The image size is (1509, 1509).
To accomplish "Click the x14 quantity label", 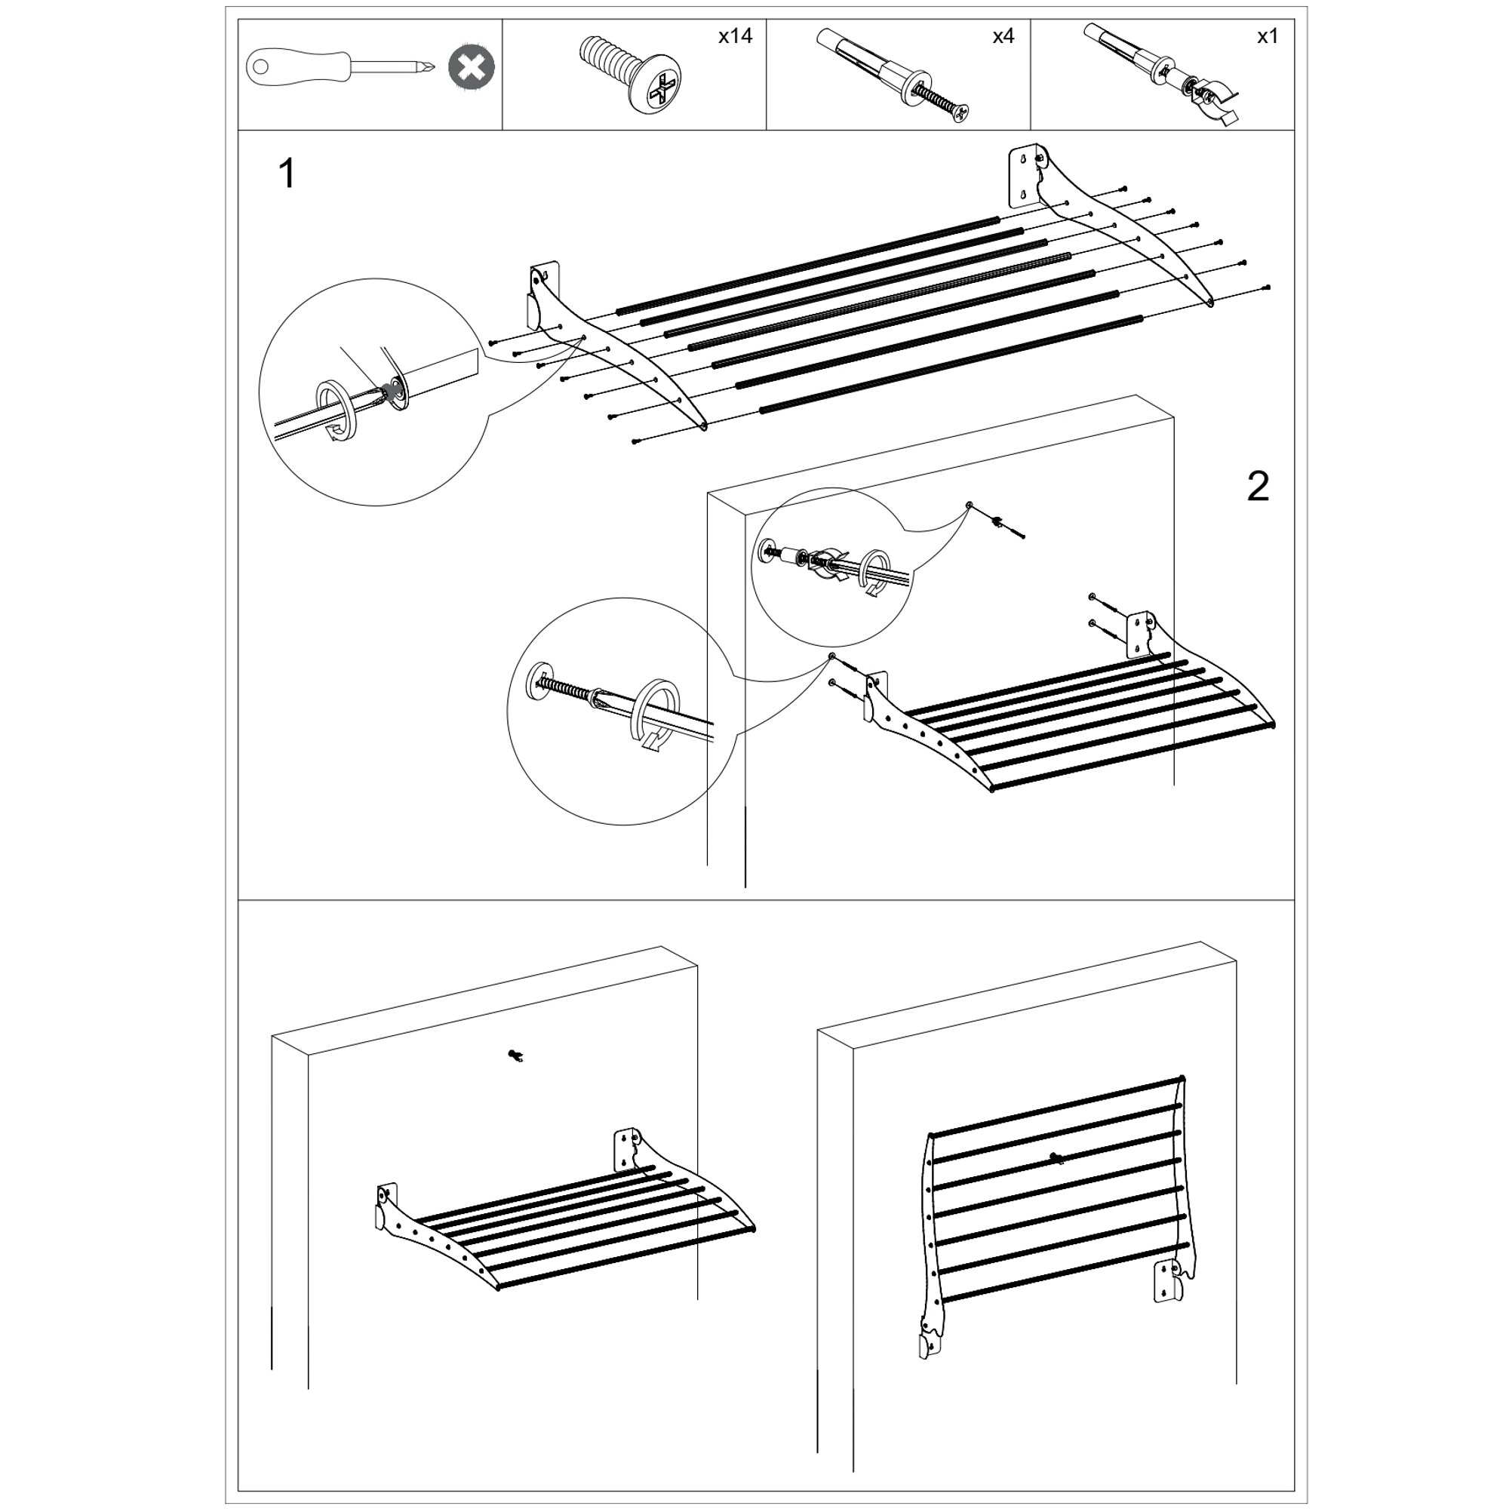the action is point(735,36).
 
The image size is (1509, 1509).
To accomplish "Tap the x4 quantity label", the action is point(1003,36).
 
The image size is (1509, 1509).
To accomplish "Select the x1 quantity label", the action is point(1267,36).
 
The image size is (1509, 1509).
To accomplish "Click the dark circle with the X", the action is point(471,68).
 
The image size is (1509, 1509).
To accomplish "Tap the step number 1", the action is point(287,174).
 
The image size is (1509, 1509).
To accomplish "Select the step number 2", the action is point(1258,487).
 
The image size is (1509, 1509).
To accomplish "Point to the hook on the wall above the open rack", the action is point(514,1056).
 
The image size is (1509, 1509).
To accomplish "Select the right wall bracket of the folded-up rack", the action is point(1169,1281).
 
